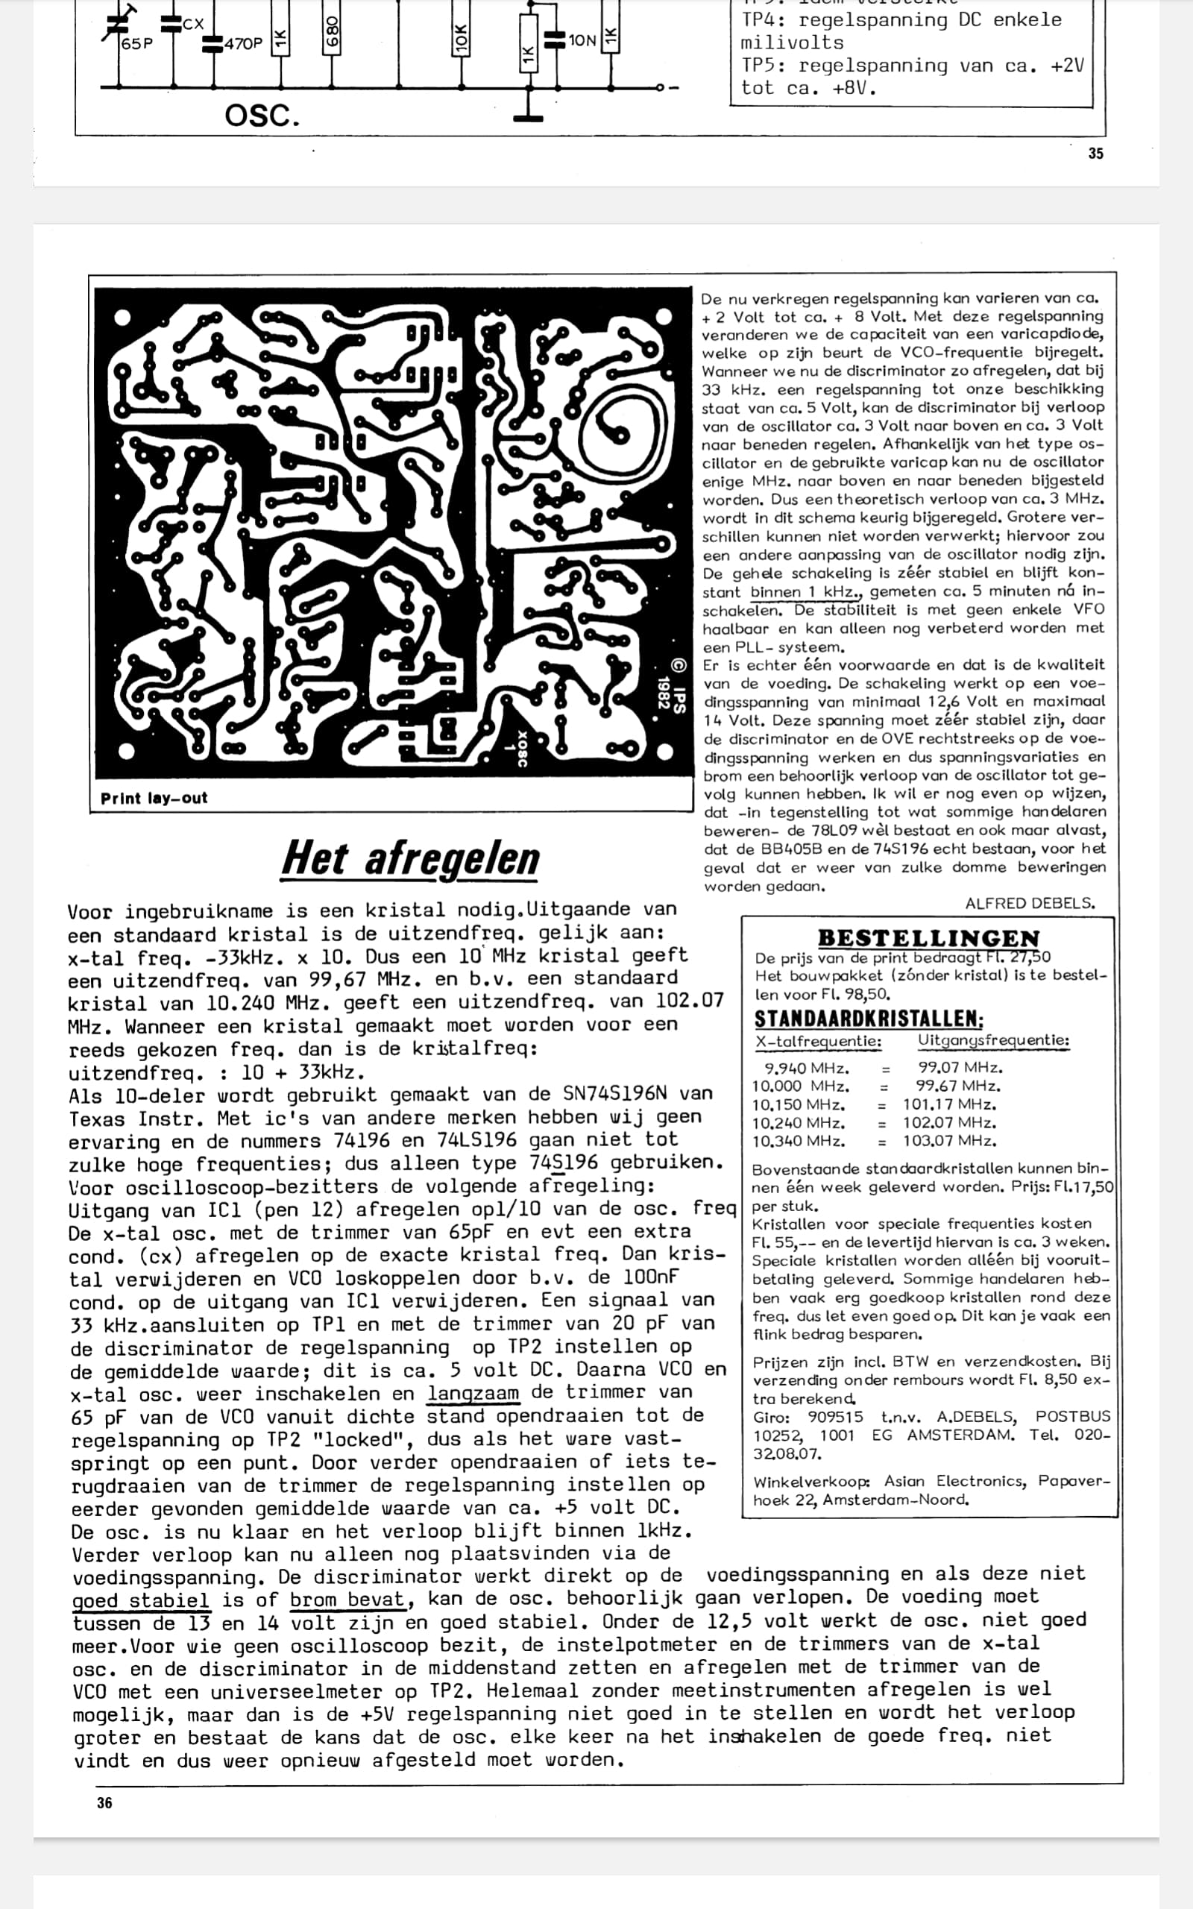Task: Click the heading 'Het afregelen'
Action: click(x=410, y=858)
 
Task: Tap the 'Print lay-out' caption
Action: click(x=154, y=799)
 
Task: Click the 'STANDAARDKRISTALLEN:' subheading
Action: click(x=869, y=1019)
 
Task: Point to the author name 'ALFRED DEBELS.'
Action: click(x=1030, y=904)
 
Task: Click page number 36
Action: click(x=104, y=1802)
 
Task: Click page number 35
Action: click(x=1096, y=154)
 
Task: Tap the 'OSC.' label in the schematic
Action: click(x=262, y=116)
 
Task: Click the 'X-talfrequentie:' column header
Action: click(x=818, y=1042)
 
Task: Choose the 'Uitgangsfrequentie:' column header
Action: click(x=993, y=1041)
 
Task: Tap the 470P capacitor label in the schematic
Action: click(x=243, y=44)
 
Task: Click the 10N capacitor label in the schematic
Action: click(x=582, y=40)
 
